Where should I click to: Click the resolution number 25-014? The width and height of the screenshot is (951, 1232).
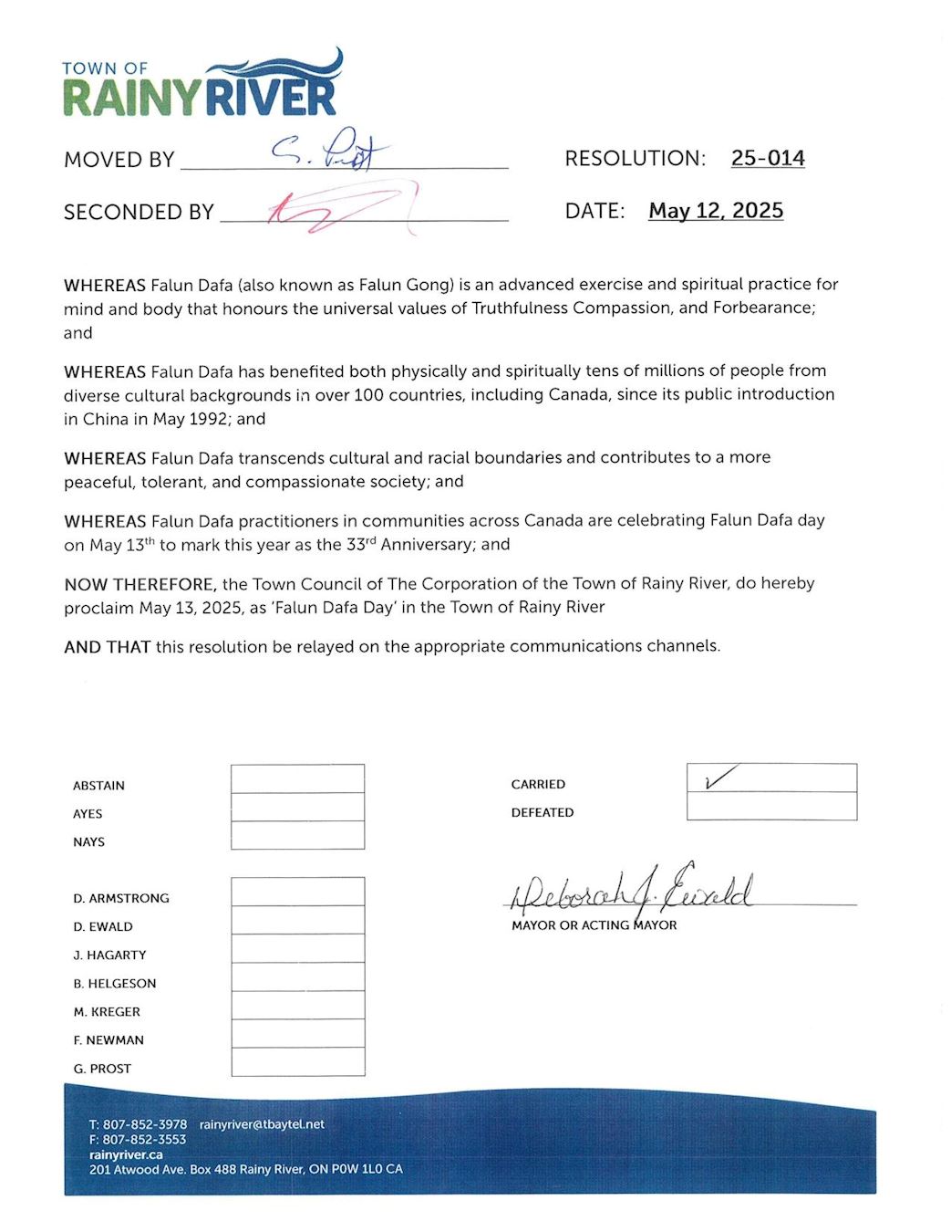pos(768,158)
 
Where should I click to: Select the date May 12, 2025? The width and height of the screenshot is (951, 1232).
pos(716,211)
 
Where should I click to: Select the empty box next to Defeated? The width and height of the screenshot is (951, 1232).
pos(771,807)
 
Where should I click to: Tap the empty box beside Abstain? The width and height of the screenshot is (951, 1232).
pos(297,778)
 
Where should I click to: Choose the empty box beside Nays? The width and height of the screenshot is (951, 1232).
pos(297,835)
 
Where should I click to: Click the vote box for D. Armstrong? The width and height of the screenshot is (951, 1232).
pos(297,892)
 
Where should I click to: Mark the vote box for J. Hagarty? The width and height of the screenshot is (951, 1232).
pos(297,948)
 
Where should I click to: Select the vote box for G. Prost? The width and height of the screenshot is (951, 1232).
pos(297,1061)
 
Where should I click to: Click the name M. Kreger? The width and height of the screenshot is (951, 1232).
pos(107,1012)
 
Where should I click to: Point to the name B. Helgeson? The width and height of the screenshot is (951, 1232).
pos(115,984)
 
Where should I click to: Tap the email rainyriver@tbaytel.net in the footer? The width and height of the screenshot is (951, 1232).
pos(262,1124)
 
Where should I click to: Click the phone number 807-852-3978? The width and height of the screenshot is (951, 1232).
pos(144,1124)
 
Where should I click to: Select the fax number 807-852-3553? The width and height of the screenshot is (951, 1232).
pos(144,1140)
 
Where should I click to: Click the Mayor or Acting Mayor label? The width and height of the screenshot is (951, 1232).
pos(594,925)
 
